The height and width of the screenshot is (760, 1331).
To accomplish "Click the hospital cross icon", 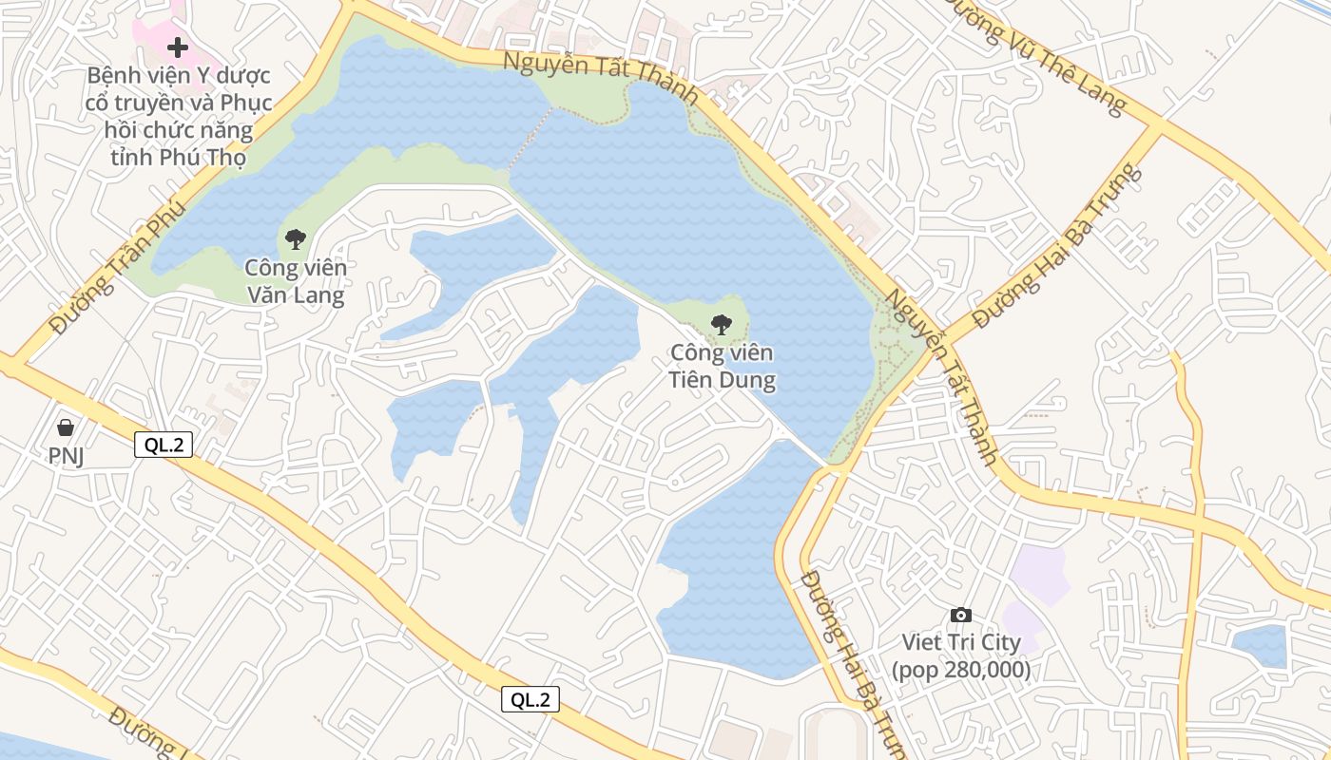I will [x=178, y=47].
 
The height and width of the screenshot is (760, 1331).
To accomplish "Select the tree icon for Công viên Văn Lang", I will [x=296, y=239].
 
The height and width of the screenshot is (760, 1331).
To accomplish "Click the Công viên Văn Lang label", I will [x=296, y=281].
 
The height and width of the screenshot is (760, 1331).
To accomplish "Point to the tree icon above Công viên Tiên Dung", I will [x=722, y=325].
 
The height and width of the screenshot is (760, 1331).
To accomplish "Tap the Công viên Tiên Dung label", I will [x=723, y=367].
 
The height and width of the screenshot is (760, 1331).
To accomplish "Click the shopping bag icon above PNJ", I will [x=66, y=427].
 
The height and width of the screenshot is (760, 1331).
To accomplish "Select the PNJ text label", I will [x=67, y=456].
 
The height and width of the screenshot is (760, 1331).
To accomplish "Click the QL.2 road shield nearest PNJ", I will [x=164, y=445].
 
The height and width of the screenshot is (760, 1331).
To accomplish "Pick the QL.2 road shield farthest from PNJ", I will [x=530, y=700].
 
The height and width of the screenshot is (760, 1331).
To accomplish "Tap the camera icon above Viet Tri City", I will [x=961, y=615].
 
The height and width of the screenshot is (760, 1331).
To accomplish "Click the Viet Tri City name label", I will [x=961, y=642].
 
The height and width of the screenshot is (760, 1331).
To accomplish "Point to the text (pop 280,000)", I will [x=961, y=670].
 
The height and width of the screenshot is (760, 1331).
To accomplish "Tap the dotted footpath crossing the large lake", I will [x=530, y=139].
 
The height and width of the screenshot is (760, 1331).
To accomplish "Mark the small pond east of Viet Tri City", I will [x=1261, y=646].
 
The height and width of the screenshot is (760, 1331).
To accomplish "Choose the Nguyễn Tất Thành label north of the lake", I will [x=601, y=78].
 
